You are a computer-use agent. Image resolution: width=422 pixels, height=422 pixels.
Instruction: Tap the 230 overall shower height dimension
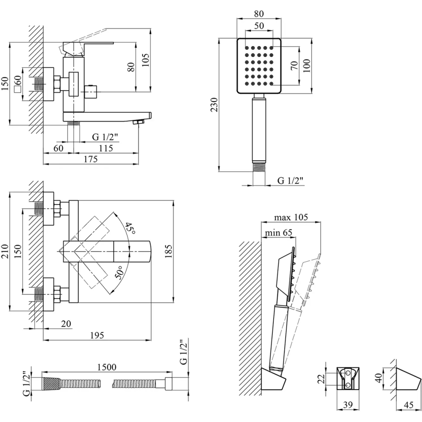213,105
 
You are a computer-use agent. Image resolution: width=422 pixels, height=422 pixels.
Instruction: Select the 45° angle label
130,228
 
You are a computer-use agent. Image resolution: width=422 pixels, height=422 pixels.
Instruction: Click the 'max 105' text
291,217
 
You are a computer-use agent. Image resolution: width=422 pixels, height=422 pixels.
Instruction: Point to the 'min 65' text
278,233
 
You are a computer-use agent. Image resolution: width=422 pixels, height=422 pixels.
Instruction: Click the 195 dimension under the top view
97,335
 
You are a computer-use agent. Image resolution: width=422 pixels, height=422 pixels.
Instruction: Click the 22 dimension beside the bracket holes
322,379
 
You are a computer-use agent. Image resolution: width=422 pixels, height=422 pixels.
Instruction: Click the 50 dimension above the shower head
259,25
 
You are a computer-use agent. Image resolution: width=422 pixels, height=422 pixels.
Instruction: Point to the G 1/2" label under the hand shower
290,180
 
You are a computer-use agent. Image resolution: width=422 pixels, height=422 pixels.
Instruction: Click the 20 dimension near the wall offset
66,324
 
